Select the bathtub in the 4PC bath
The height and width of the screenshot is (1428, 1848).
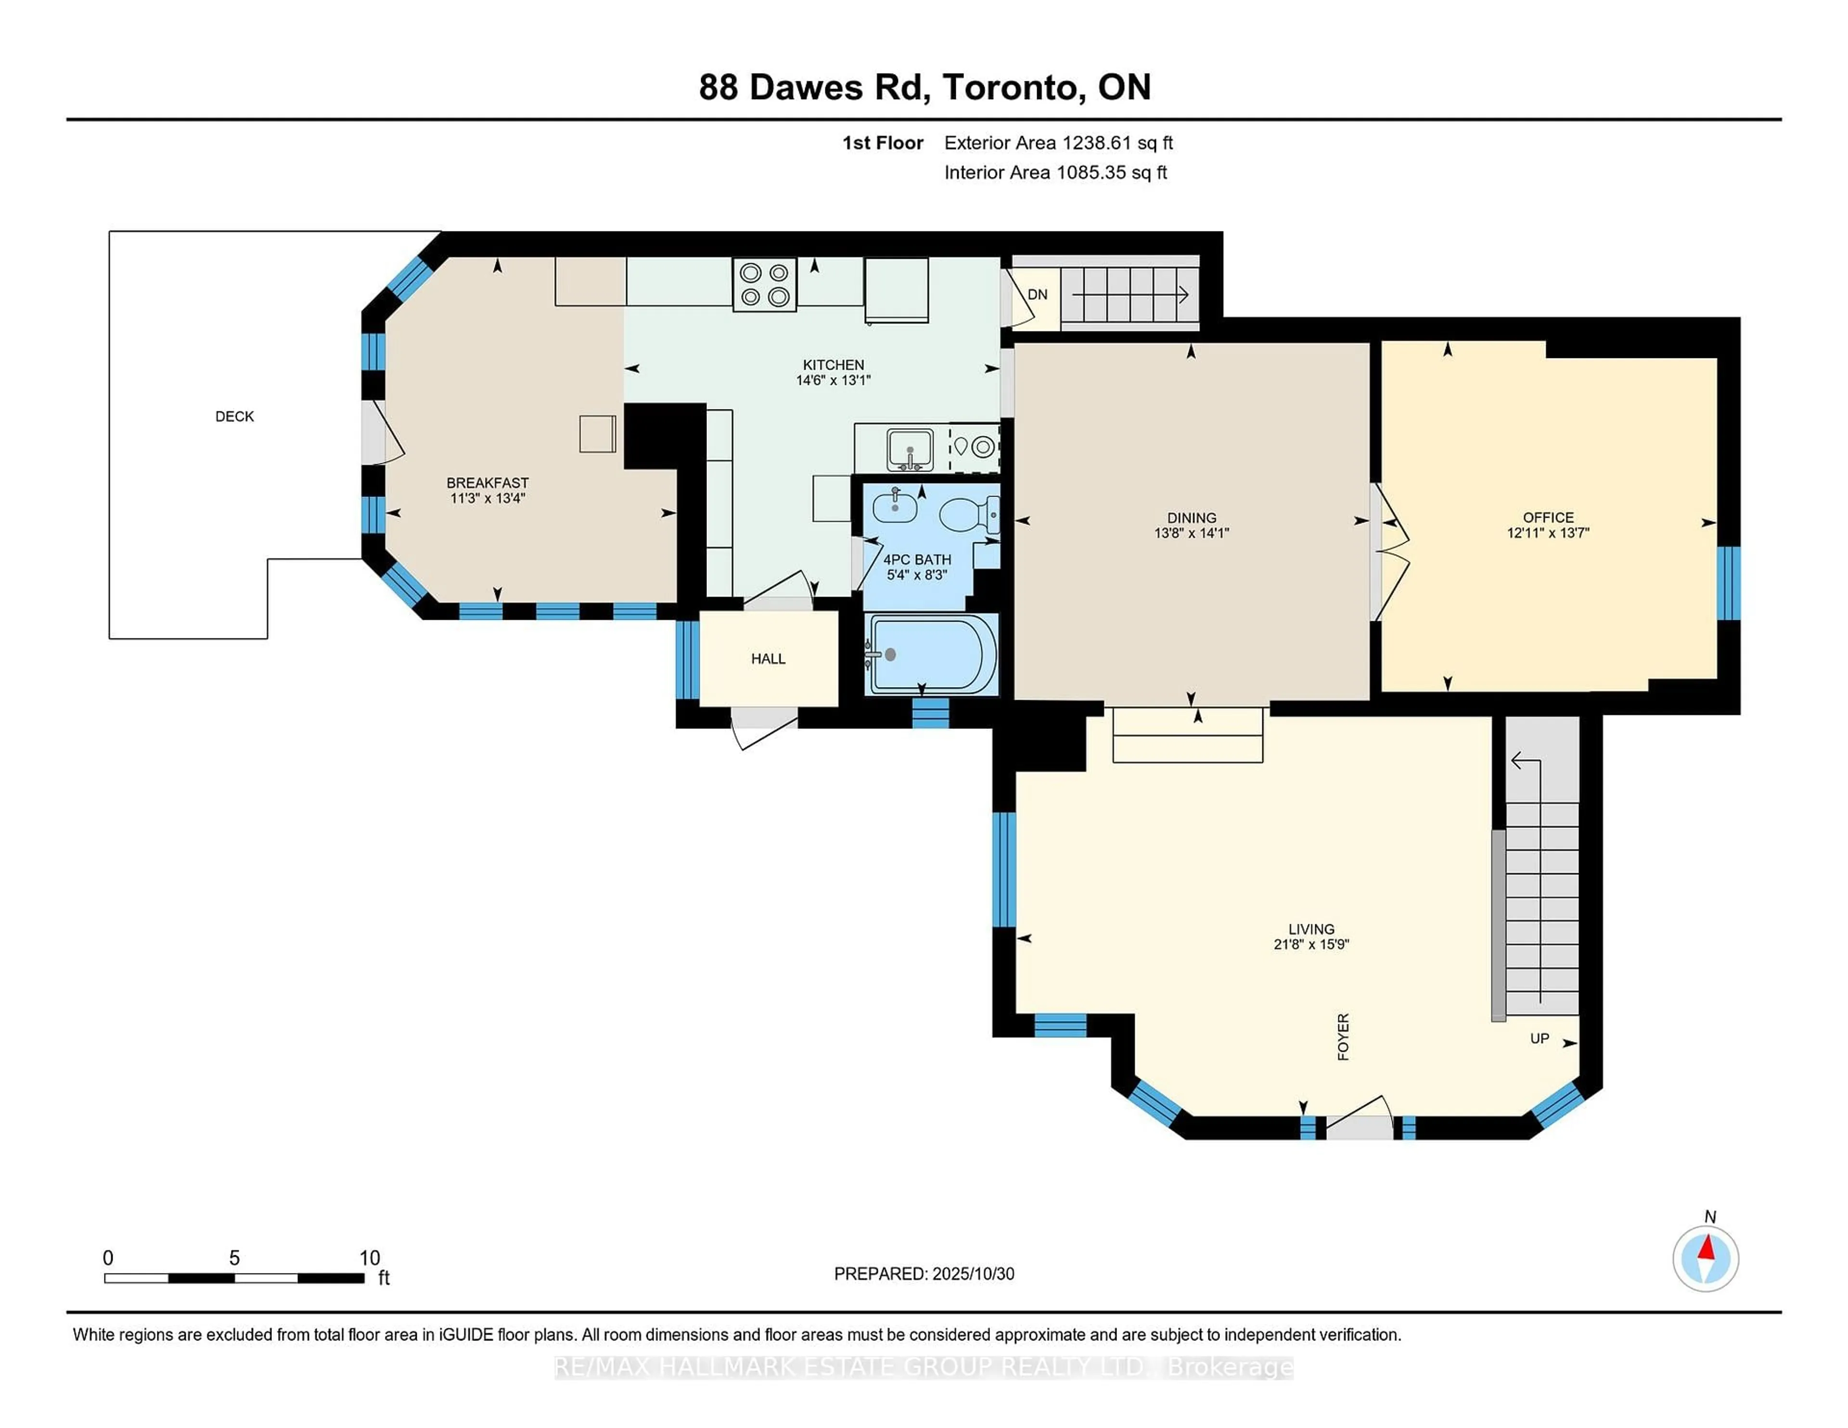(x=931, y=654)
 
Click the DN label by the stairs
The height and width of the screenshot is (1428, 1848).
(x=1038, y=294)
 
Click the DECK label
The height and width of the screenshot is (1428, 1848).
(x=234, y=416)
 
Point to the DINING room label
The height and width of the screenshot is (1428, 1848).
(x=1192, y=518)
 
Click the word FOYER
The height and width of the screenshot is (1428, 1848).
(x=1343, y=1036)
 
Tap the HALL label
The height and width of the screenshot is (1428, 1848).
(x=768, y=658)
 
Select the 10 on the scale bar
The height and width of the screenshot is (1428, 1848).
(x=370, y=1258)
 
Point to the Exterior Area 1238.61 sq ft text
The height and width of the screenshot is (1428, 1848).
(x=1058, y=143)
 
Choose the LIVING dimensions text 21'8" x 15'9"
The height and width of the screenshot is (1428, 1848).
(x=1311, y=944)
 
